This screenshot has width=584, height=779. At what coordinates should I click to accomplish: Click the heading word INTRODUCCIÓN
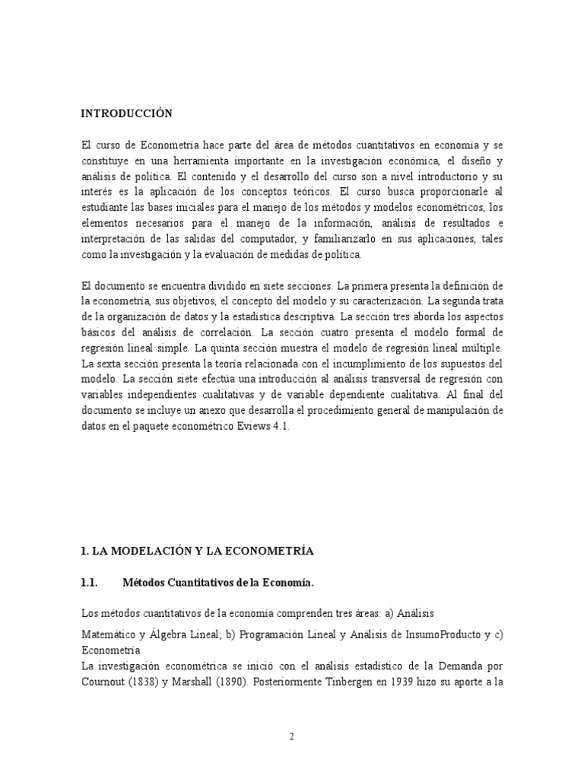click(x=127, y=114)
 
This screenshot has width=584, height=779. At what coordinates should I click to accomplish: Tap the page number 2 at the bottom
click(x=291, y=736)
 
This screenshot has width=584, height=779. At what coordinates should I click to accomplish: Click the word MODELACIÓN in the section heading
click(x=144, y=549)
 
